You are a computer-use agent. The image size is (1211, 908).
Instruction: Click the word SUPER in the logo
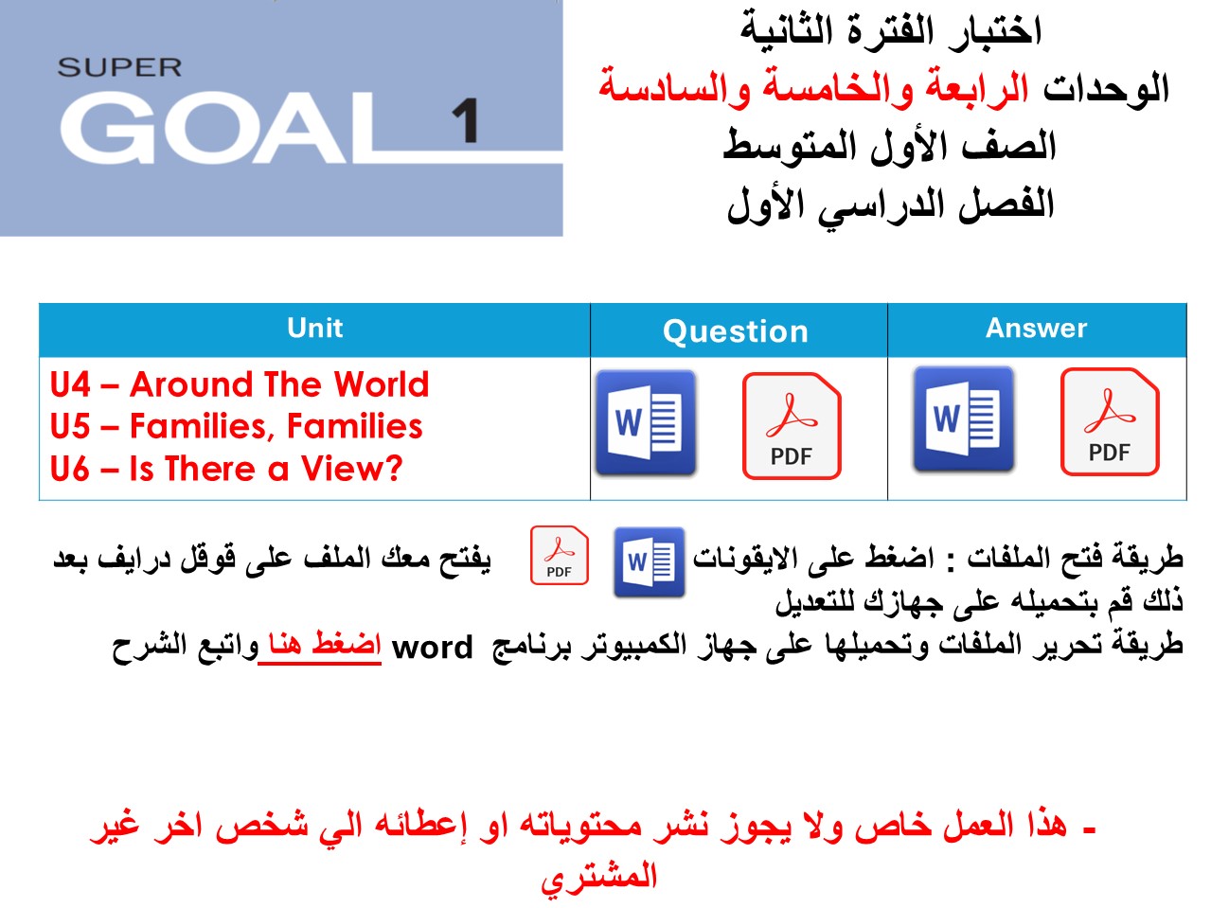[x=119, y=68]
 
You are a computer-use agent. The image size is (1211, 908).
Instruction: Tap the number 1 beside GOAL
[x=465, y=122]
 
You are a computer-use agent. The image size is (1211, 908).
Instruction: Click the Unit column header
[x=314, y=329]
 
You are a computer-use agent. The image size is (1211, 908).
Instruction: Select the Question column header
[x=736, y=331]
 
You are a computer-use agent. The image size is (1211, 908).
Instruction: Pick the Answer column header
[x=1036, y=329]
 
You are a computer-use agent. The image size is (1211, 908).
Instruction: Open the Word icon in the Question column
[x=646, y=423]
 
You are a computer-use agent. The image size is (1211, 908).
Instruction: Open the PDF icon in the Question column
[x=792, y=425]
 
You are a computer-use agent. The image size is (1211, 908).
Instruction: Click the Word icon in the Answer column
[x=963, y=420]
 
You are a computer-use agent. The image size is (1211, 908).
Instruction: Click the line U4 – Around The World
[x=240, y=384]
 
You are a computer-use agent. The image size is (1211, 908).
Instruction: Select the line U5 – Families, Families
[x=236, y=426]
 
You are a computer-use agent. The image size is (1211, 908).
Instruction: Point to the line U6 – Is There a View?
[x=226, y=469]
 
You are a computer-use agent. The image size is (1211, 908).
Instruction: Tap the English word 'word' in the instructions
[x=432, y=648]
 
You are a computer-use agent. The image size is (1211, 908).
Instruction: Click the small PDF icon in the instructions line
[x=560, y=555]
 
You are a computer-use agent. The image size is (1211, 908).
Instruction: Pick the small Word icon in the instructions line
[x=649, y=562]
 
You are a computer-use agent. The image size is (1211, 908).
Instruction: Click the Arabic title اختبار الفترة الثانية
[x=890, y=30]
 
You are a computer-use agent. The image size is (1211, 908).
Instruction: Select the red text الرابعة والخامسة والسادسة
[x=814, y=88]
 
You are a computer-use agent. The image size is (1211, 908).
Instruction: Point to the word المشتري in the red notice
[x=598, y=877]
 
